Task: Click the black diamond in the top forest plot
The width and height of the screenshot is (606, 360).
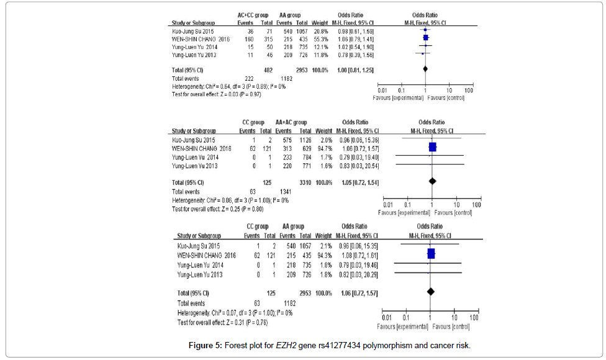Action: (425, 70)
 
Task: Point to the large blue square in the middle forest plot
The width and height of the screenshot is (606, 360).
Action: (432, 147)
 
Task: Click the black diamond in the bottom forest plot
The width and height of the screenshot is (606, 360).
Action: (430, 292)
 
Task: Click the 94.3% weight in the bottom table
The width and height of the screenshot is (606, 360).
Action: (323, 255)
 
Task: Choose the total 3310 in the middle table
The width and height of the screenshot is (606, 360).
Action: (304, 182)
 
